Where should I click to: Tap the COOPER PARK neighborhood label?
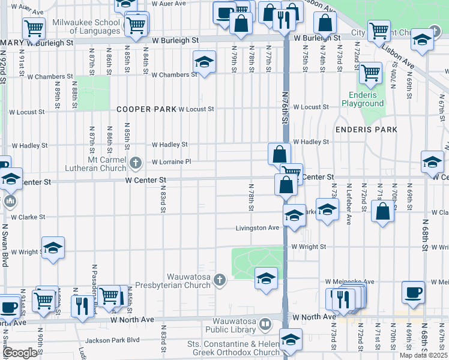click(145, 109)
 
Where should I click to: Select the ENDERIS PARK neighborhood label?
click(366, 130)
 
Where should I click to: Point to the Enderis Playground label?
click(363, 99)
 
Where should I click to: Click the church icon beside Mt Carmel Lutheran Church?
click(136, 162)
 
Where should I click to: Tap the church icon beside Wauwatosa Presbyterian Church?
click(220, 280)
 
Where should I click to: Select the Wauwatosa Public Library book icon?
click(265, 325)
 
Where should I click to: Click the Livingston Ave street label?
click(256, 228)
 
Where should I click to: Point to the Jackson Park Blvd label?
click(112, 340)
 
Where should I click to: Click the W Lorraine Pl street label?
click(171, 162)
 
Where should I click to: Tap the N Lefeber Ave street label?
click(349, 204)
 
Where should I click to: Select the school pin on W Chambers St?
click(204, 62)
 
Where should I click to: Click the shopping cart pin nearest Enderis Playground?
click(370, 73)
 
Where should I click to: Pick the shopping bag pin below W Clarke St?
click(382, 211)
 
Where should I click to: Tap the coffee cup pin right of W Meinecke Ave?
click(413, 292)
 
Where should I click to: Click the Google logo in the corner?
click(20, 353)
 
